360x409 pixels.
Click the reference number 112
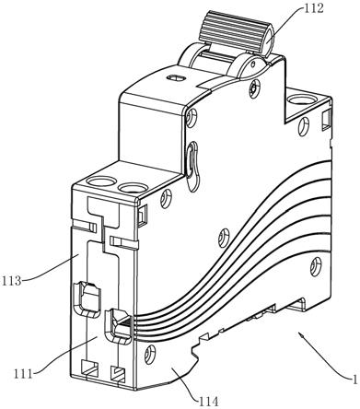(313, 8)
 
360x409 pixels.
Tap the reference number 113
(11, 281)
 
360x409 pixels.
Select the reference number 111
(23, 374)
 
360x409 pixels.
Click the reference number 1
(354, 380)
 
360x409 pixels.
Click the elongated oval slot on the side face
(192, 165)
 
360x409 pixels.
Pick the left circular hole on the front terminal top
(100, 181)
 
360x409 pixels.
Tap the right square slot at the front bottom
(118, 374)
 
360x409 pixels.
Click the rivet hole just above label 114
(149, 353)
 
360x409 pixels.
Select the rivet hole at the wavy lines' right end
(316, 266)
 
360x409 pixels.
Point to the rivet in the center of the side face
(224, 238)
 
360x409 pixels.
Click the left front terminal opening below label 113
(87, 298)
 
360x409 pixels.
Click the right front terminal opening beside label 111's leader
(118, 326)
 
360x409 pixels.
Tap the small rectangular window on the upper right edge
(327, 119)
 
